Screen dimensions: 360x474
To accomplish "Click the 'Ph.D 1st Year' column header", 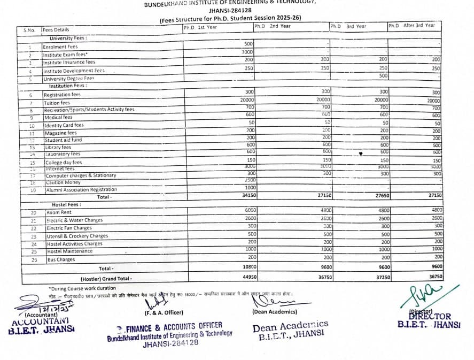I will click(200, 27).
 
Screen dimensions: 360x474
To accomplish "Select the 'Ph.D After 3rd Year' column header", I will click(411, 25).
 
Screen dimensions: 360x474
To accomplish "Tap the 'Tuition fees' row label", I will click(57, 103).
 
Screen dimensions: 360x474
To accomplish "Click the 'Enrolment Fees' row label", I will click(60, 47).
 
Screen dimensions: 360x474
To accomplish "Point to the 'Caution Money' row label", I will click(63, 182).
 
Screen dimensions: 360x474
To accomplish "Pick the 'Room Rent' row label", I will click(59, 212).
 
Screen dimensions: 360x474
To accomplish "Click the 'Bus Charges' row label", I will click(61, 260).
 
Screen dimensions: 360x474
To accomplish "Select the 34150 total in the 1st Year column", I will click(246, 196).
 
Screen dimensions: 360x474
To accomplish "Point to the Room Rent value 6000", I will click(248, 210).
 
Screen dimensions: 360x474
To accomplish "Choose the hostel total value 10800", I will click(246, 266).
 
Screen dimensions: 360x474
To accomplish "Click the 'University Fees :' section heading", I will click(68, 39).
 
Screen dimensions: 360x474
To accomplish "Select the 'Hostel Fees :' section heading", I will click(67, 205).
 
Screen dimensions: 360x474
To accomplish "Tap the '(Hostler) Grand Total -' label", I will click(106, 279).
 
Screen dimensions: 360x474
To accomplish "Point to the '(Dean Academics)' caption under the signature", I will click(274, 311).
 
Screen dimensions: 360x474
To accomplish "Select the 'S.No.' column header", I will click(29, 30).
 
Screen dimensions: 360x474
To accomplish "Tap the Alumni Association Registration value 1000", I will click(248, 188).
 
